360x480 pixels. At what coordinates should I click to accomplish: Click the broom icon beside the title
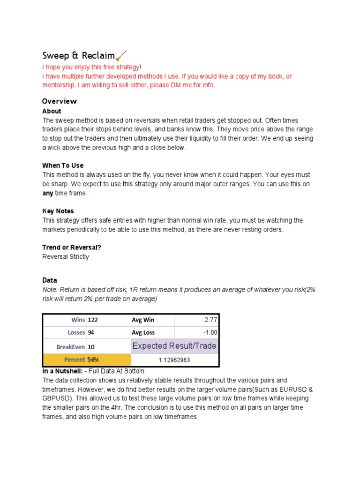120,56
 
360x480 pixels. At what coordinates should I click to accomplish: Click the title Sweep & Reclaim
78,56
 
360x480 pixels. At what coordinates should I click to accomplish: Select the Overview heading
59,101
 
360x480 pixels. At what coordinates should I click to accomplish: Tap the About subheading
52,111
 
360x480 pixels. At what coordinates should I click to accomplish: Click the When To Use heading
63,165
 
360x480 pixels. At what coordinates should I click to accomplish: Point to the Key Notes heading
58,211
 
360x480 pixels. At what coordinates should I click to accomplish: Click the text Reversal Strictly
66,257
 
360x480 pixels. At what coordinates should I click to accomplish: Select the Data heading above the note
50,280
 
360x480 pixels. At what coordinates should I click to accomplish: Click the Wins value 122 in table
93,320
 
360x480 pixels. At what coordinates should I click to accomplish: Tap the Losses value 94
91,333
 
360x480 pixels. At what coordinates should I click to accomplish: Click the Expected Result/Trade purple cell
174,346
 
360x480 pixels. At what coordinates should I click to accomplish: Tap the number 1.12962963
174,360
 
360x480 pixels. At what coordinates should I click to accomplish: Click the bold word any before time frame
48,193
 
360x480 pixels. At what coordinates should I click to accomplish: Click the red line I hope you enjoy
91,67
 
